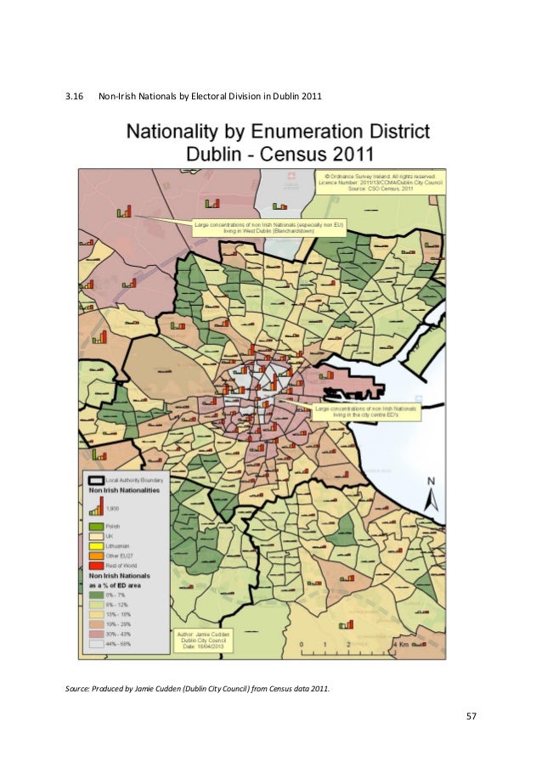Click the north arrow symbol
tap(431, 493)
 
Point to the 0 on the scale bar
tap(302, 645)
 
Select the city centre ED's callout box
tap(366, 411)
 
